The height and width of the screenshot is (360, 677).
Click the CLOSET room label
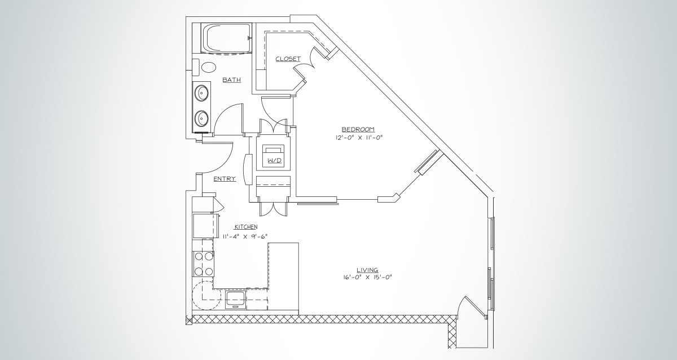coord(288,59)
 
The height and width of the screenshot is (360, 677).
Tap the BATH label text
coord(231,80)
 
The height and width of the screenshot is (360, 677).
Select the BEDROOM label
coord(358,129)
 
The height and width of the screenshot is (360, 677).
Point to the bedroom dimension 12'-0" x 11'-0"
coord(358,137)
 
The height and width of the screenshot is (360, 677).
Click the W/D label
coord(274,161)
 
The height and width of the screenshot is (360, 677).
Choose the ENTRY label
coord(225,179)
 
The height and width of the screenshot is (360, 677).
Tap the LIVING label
coord(367,270)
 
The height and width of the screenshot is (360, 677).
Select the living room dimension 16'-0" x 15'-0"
coord(367,278)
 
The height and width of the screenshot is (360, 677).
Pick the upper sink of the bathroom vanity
coord(201,93)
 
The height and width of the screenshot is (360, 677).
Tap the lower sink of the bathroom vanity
coord(201,118)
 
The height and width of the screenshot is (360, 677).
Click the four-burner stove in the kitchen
coord(204,264)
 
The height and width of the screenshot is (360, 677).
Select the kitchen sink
coord(235,298)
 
